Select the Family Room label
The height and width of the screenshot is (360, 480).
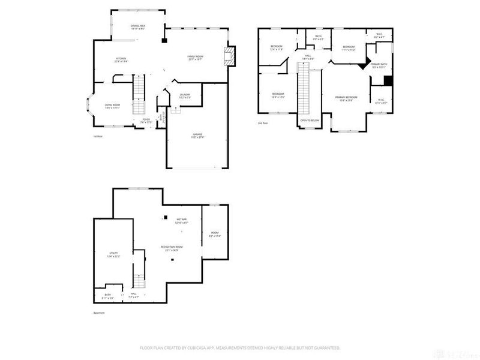pos(196,58)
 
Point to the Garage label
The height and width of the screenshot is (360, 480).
pos(197,136)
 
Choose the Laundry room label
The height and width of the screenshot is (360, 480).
pos(185,95)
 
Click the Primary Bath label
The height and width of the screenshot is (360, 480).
pos(380,65)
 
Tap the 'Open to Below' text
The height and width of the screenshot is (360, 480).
pos(310,119)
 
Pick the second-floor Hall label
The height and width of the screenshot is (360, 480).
pos(308,57)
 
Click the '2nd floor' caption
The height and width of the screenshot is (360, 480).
pos(263,122)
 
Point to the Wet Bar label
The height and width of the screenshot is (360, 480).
pos(182,221)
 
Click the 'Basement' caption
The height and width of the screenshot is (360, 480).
pos(99,313)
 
